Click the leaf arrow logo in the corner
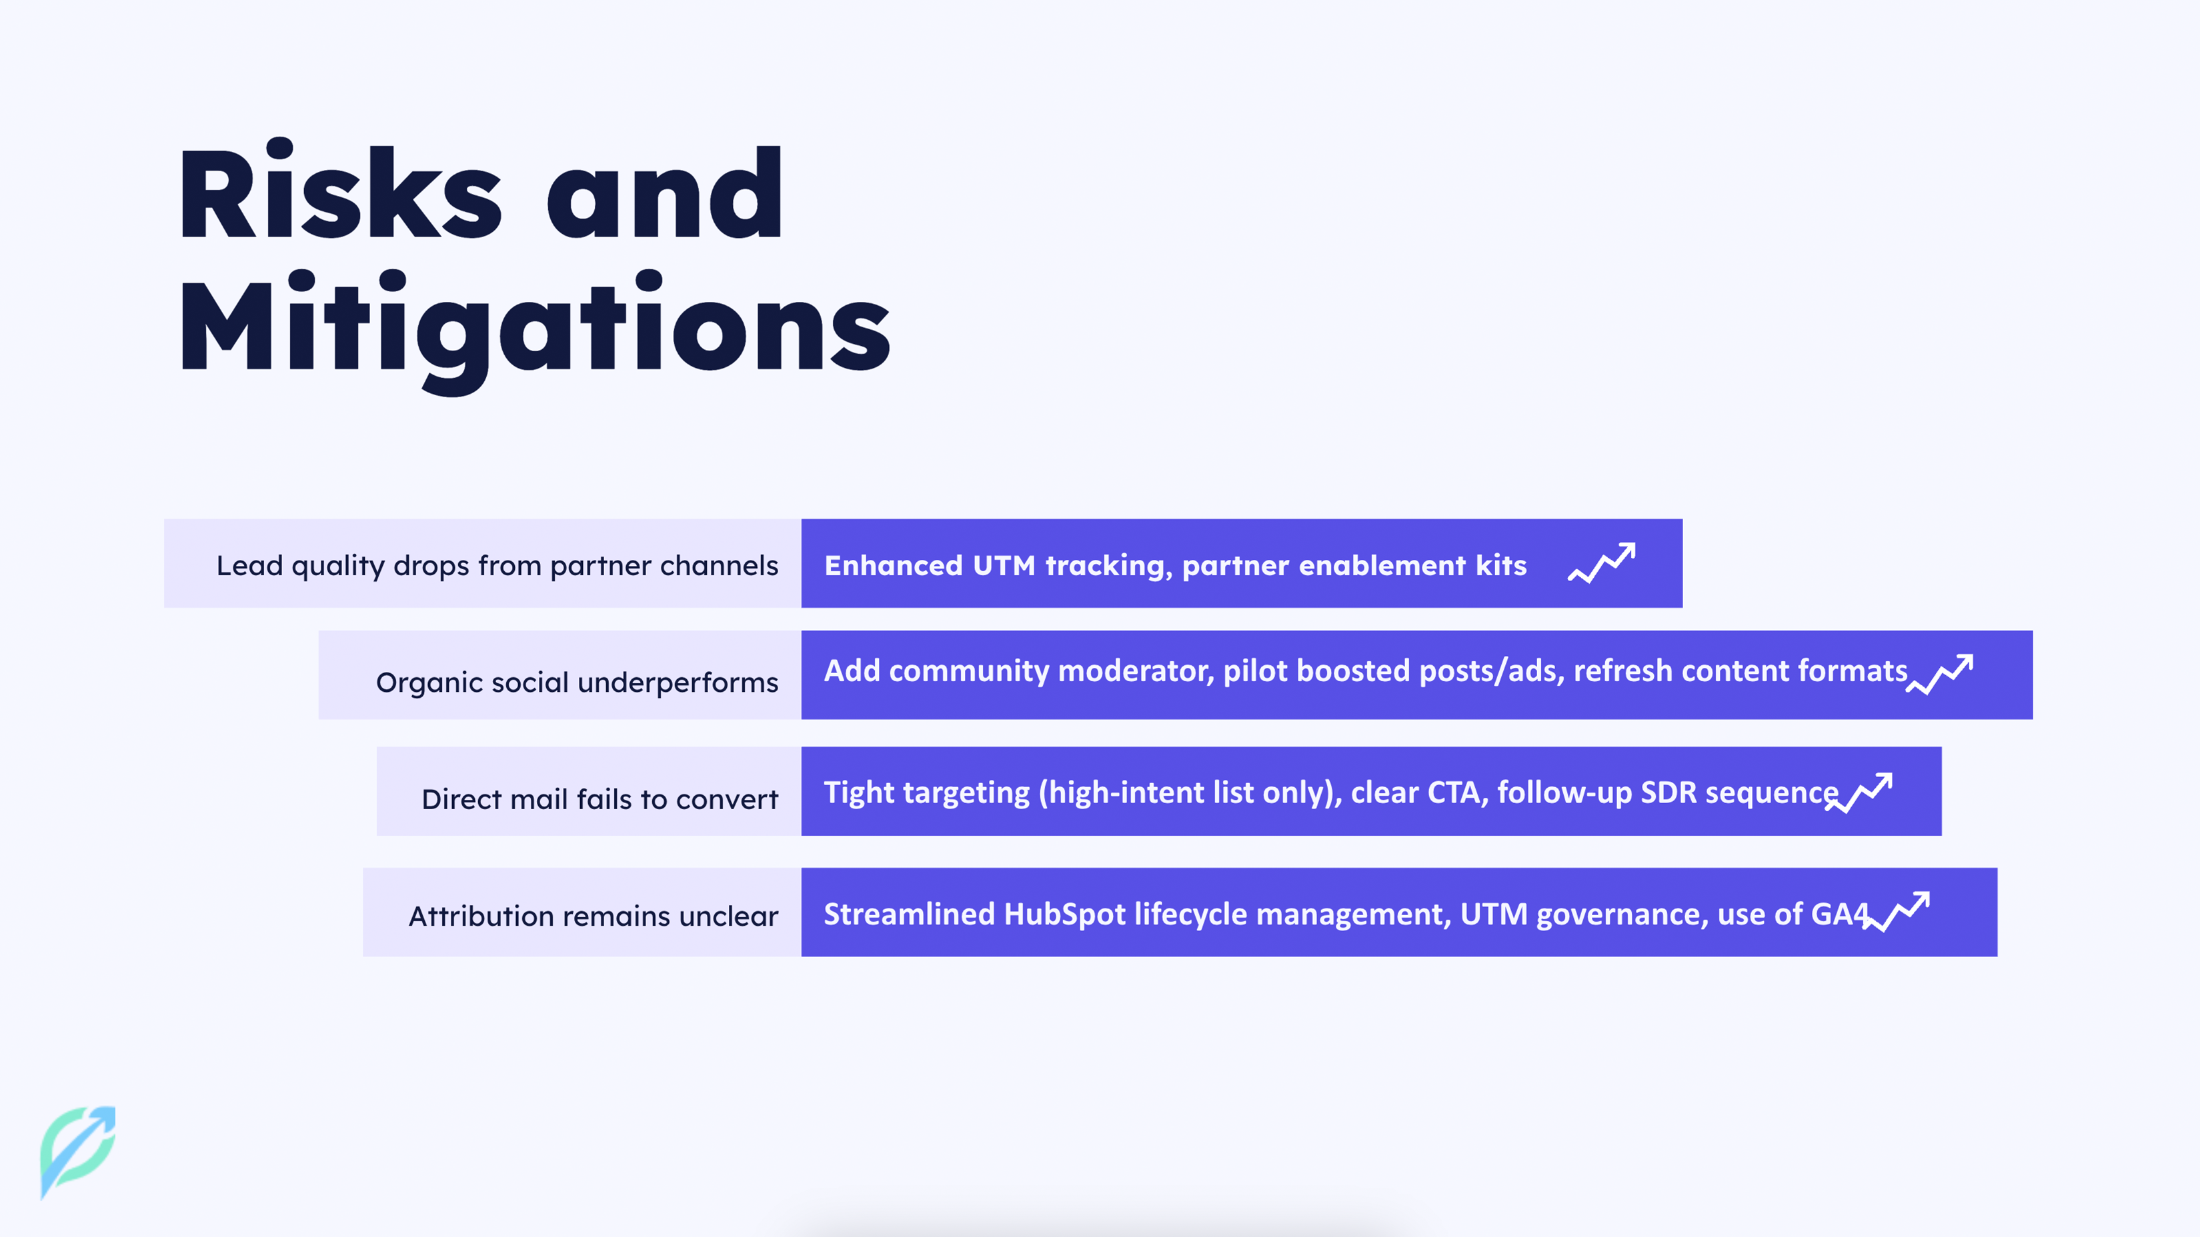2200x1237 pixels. click(78, 1152)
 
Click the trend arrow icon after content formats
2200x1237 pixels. click(1939, 674)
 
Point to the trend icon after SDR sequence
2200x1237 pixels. click(1859, 793)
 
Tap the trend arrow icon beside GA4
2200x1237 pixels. click(1896, 912)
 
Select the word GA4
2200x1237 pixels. click(1841, 914)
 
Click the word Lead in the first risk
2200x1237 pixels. click(249, 565)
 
